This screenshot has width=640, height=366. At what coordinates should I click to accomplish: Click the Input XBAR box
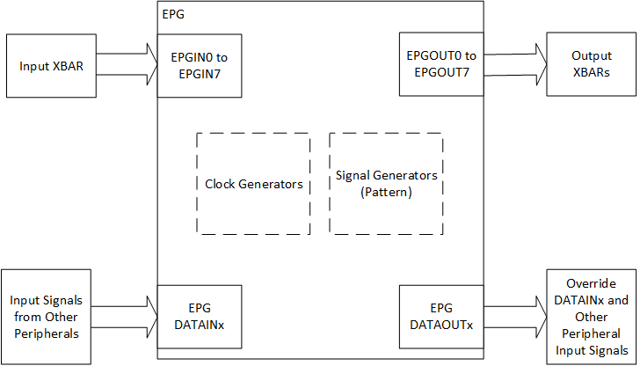(x=51, y=66)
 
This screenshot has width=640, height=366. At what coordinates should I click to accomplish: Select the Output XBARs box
(x=590, y=66)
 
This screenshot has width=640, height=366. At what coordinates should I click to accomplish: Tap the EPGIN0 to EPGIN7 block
(x=200, y=66)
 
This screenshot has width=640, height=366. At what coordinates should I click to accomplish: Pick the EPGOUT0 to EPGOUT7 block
(x=440, y=64)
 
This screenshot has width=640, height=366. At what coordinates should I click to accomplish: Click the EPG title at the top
(x=174, y=15)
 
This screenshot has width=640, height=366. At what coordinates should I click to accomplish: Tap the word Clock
(x=221, y=185)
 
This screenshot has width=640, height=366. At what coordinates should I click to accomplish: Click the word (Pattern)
(x=386, y=192)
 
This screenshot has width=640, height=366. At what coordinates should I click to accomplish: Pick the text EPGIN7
(x=200, y=74)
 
